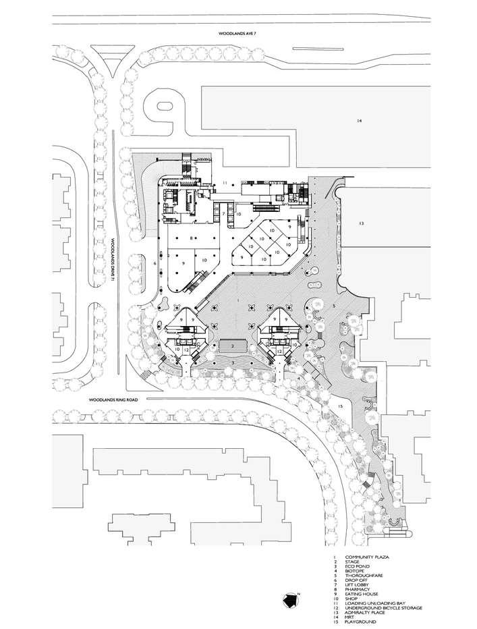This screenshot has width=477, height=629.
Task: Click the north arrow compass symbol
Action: pos(290,599)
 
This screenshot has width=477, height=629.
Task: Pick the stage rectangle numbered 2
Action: pos(231,345)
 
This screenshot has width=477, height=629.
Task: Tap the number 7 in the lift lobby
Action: pos(223,213)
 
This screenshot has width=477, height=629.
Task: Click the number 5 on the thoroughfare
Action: pos(334,306)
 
